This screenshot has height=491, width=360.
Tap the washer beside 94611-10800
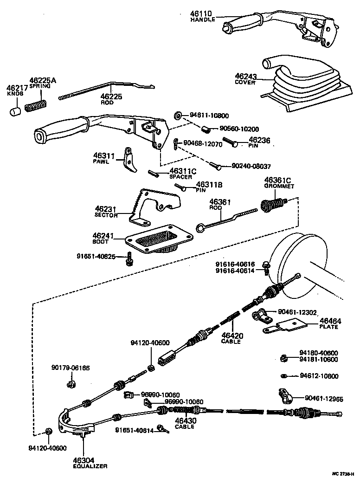[178, 115]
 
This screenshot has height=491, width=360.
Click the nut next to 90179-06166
[71, 384]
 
